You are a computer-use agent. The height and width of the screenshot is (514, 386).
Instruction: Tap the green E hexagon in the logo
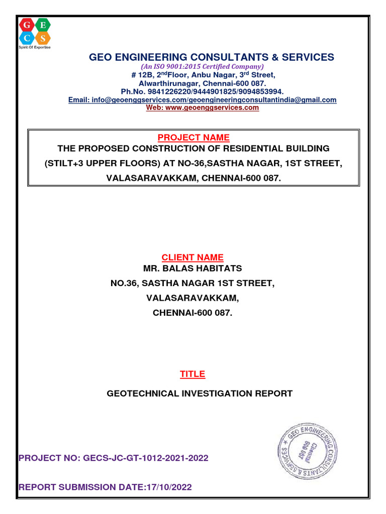point(43,25)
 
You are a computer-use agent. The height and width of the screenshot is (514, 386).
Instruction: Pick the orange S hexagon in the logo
point(43,38)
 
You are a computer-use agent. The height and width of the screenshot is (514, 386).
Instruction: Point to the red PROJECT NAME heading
point(194,138)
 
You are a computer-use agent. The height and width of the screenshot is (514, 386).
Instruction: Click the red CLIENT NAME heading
point(192,258)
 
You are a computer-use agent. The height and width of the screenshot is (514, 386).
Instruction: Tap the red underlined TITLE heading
point(192,374)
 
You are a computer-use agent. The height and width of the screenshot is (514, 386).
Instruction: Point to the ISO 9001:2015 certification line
point(202,66)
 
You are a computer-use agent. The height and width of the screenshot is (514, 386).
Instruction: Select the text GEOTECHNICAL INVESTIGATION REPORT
point(200,394)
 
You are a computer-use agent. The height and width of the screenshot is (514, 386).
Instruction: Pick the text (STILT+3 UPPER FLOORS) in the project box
point(99,163)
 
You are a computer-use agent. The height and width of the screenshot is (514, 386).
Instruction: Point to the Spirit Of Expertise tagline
point(34,47)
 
